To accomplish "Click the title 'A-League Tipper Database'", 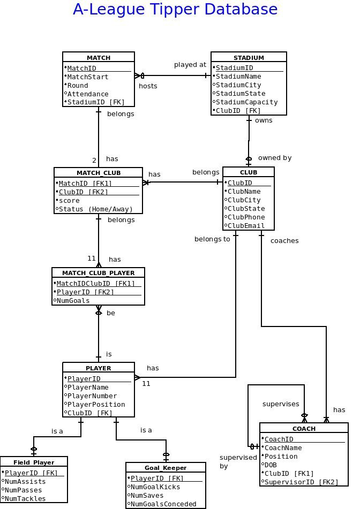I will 175,10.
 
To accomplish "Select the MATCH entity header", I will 99,57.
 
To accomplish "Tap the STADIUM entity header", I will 249,57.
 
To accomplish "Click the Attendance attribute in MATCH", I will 88,94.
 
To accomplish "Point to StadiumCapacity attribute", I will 246,102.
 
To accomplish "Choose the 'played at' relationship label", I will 190,65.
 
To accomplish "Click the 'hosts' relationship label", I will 148,86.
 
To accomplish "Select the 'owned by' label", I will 274,158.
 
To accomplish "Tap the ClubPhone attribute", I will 246,217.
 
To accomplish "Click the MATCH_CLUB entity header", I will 99,173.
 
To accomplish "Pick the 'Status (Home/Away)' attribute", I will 96,209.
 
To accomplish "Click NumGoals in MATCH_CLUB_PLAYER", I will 73,301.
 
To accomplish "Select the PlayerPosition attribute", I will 96,405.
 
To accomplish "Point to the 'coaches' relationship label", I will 284,241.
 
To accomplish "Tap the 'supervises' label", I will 280,404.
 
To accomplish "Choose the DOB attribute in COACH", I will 271,465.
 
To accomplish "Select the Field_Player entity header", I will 34,462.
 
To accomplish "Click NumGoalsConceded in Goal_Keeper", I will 163,504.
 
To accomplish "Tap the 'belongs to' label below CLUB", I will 212,239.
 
